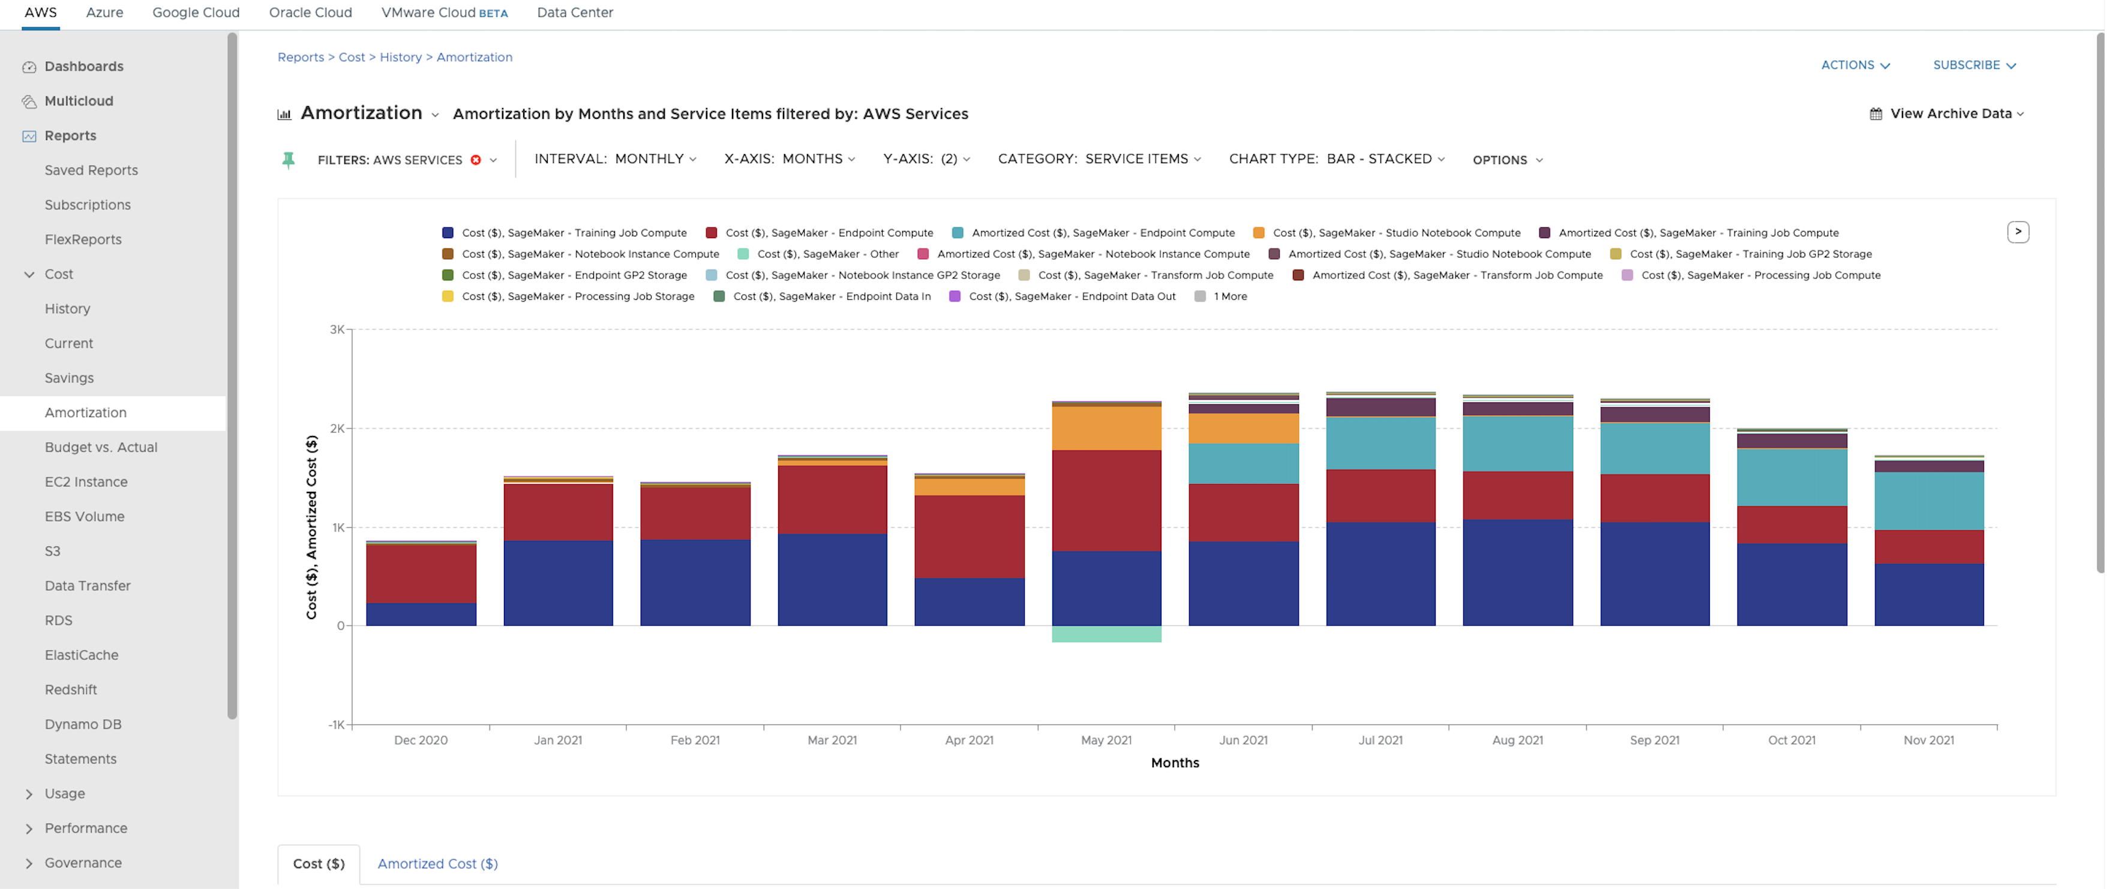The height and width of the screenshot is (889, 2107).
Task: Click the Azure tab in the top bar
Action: pos(105,12)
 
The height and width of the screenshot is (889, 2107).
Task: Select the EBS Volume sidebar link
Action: pos(84,516)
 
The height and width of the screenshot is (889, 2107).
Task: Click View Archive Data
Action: pos(1949,114)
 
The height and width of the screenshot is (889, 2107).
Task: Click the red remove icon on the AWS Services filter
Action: pos(476,160)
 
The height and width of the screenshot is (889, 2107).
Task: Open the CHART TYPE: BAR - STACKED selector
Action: pos(1337,158)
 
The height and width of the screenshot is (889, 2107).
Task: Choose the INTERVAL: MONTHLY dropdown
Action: pos(615,158)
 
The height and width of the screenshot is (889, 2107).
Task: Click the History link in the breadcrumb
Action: pos(400,57)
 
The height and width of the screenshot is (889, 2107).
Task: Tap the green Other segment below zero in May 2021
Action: pos(1106,634)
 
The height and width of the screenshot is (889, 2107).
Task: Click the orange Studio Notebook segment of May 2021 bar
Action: pos(1106,428)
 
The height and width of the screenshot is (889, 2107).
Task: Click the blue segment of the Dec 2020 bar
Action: pos(421,614)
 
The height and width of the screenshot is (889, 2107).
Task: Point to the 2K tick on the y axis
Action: pos(337,428)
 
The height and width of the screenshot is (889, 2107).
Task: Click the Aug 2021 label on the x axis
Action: pos(1517,740)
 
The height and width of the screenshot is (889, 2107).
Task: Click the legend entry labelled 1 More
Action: pos(1229,296)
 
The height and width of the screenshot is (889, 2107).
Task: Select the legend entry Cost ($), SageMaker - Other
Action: pos(827,254)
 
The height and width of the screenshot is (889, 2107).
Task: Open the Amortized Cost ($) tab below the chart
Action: pos(437,864)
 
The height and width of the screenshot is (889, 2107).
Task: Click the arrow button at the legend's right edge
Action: pos(2017,232)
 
